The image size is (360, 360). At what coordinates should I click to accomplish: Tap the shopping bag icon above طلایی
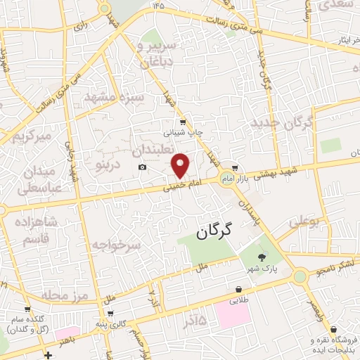click(238, 289)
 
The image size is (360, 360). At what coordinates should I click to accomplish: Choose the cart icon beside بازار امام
click(236, 168)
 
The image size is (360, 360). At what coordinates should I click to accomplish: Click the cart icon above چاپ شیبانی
click(183, 122)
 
